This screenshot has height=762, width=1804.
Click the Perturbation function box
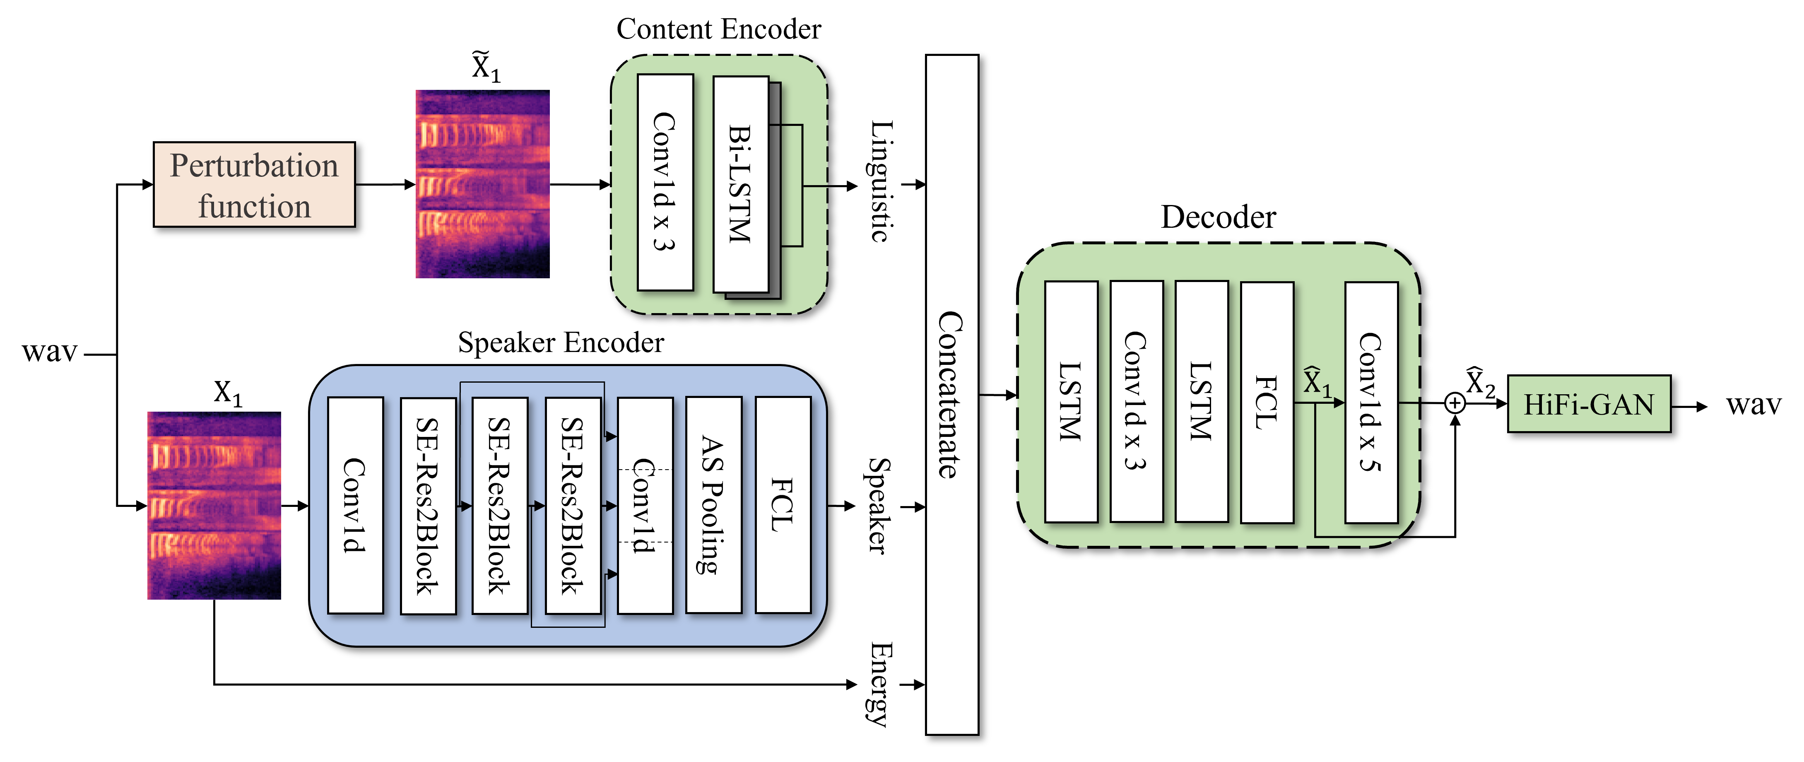[254, 185]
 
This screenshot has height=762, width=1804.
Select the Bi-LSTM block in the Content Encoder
[741, 184]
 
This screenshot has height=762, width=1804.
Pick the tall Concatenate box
[952, 394]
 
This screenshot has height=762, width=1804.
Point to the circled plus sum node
[1455, 403]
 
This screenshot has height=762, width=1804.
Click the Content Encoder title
[718, 29]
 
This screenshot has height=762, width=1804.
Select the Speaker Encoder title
[561, 342]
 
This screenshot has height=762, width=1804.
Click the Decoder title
[1219, 217]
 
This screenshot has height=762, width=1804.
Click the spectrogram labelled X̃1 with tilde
[482, 183]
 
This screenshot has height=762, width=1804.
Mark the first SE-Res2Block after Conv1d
[428, 506]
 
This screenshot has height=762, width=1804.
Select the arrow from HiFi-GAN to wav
[1690, 406]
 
